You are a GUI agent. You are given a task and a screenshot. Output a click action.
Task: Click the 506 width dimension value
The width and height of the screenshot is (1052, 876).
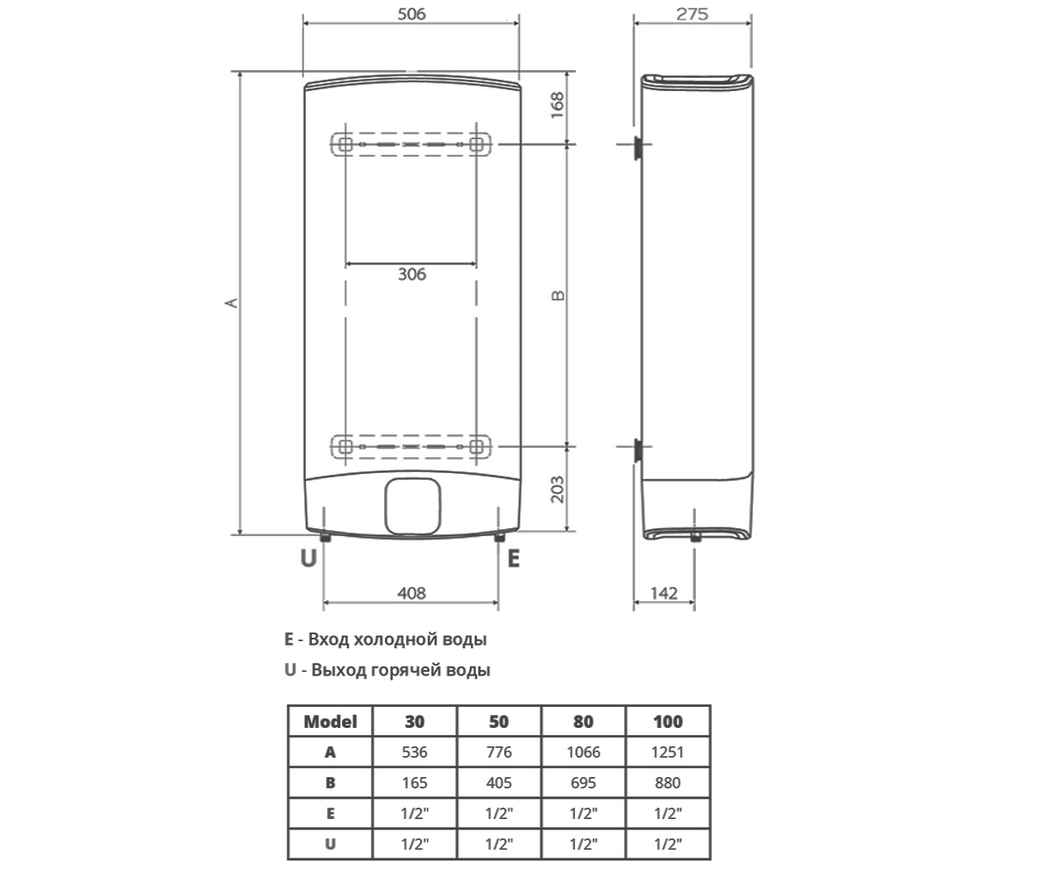[x=412, y=14]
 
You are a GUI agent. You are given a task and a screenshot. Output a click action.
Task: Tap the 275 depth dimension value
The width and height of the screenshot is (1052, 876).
[x=693, y=14]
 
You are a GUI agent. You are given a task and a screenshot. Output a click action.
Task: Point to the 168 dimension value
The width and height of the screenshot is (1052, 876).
[x=558, y=105]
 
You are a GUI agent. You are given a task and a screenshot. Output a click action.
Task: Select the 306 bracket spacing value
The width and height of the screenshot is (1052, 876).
[x=412, y=274]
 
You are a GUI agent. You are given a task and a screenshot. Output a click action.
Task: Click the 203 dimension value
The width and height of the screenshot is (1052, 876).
[x=558, y=490]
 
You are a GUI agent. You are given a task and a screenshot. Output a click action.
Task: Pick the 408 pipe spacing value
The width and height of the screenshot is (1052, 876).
[x=412, y=593]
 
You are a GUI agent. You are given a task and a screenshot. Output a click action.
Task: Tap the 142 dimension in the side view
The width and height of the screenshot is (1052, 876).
[x=664, y=593]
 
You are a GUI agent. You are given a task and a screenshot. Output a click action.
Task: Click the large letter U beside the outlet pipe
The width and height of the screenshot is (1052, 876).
[x=309, y=558]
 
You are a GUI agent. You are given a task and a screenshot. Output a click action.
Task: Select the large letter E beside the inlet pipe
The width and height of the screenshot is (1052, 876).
[x=514, y=558]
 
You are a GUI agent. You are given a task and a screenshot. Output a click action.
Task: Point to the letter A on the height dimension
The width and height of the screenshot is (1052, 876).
[x=231, y=302]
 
